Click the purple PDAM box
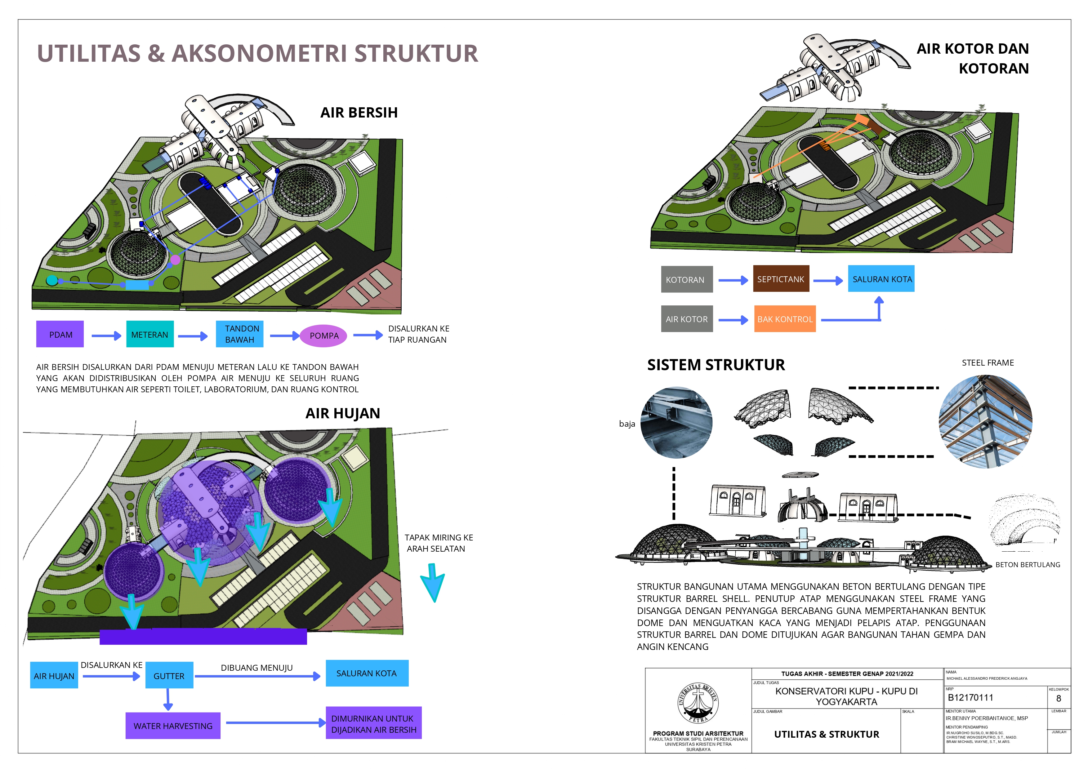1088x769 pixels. point(60,334)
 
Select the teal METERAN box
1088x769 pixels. point(150,334)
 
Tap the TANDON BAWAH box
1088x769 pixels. point(240,334)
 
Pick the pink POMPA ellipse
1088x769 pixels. point(324,336)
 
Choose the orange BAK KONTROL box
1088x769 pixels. point(785,319)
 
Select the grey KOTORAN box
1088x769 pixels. point(687,279)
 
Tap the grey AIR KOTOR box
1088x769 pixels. point(687,319)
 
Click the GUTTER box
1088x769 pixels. point(169,675)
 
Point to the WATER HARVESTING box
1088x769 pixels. point(173,725)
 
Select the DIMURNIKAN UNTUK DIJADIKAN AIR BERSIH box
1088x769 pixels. point(373,723)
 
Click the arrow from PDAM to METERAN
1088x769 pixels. point(106,336)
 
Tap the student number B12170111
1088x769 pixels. point(970,697)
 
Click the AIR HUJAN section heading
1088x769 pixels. point(343,413)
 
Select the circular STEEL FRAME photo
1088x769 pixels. point(986,421)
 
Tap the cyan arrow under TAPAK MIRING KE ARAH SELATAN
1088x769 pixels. point(432,583)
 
